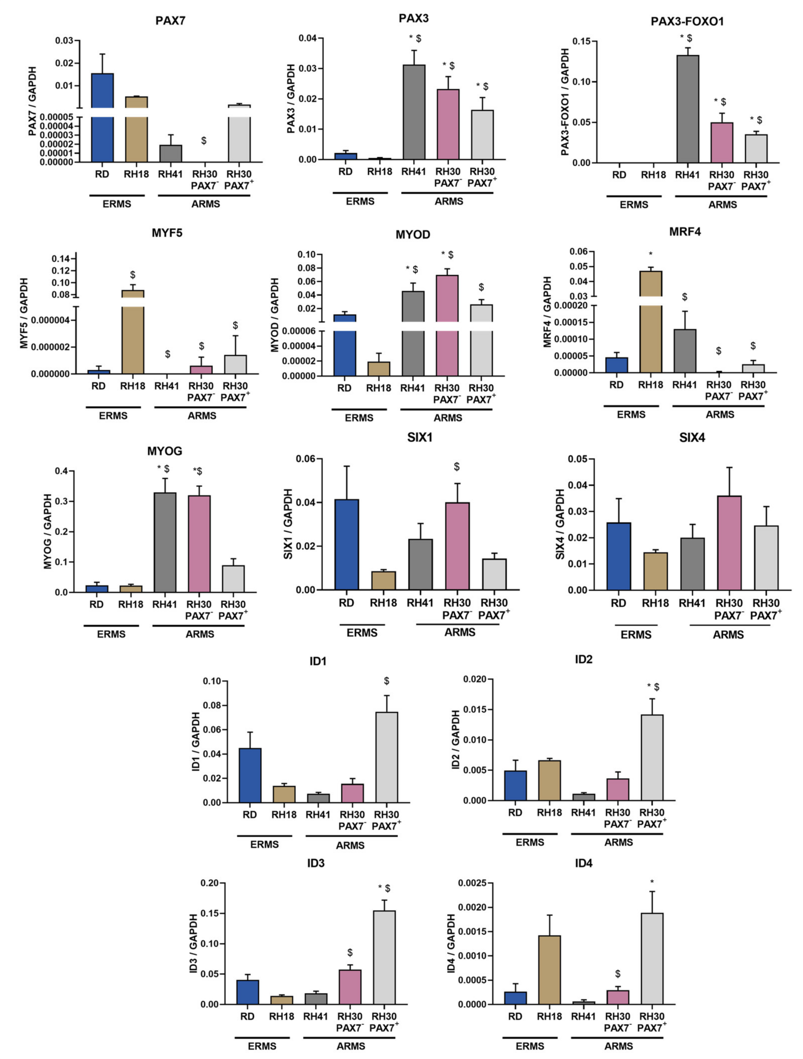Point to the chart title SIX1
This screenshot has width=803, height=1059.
click(x=420, y=438)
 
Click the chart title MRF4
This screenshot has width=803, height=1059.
click(x=685, y=232)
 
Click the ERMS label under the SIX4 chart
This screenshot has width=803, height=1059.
click(x=636, y=634)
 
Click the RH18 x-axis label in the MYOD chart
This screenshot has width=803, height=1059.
click(x=378, y=388)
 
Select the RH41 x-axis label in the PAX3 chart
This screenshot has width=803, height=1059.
click(x=413, y=172)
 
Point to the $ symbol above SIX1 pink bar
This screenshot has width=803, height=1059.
click(x=457, y=466)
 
